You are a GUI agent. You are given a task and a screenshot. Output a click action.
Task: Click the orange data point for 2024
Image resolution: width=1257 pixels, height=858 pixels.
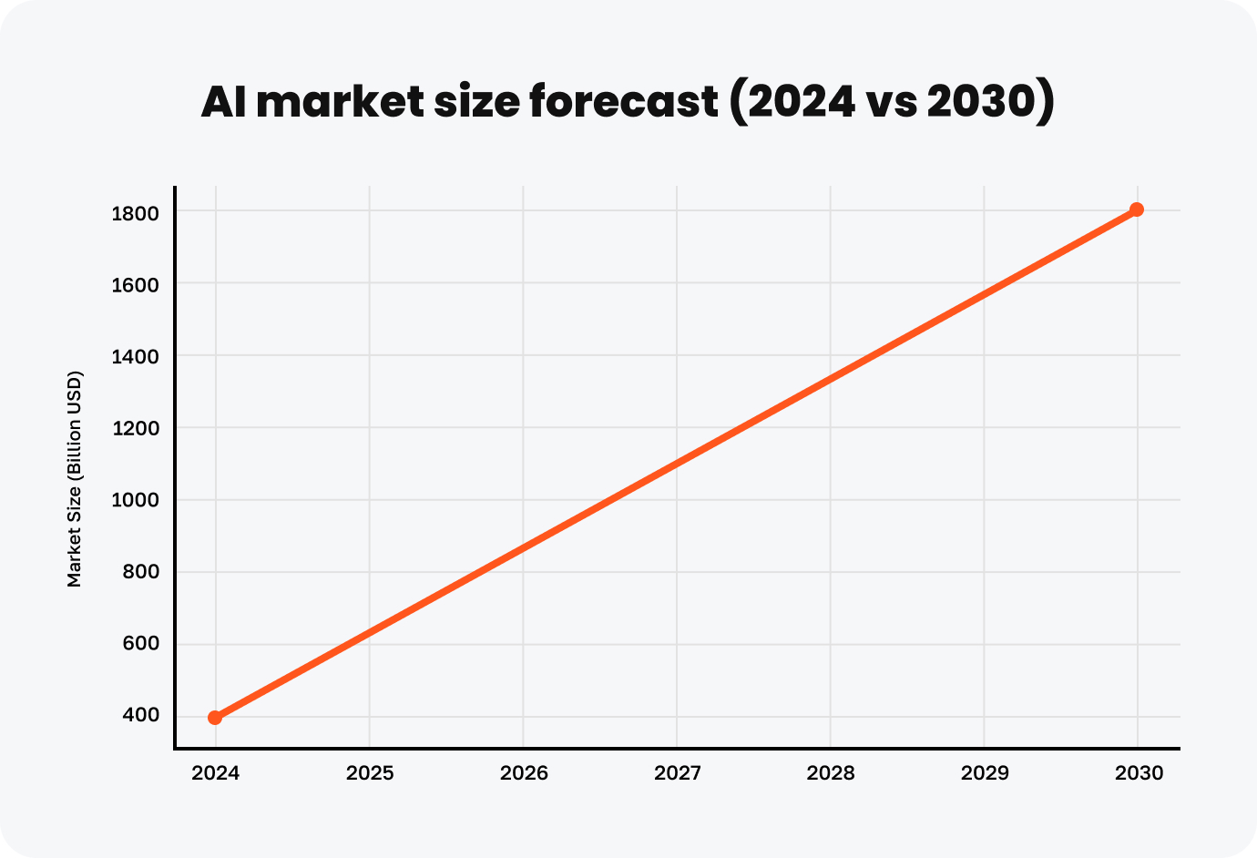215,718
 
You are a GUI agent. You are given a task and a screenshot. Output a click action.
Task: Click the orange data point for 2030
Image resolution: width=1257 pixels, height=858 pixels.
1137,209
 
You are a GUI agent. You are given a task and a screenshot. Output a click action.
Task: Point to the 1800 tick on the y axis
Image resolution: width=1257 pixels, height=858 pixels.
136,213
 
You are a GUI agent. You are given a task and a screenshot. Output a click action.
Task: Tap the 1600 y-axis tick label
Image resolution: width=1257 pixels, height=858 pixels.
136,285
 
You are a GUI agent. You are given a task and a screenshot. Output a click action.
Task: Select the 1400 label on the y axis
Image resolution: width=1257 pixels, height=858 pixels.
136,357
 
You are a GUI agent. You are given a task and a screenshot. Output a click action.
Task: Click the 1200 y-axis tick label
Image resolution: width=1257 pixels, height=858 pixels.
136,428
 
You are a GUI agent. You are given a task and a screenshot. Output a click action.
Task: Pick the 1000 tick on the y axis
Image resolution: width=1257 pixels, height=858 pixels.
136,500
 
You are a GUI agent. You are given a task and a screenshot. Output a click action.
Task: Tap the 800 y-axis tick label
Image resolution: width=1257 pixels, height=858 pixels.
140,572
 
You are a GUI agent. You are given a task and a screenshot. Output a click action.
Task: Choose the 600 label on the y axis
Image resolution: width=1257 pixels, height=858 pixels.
140,643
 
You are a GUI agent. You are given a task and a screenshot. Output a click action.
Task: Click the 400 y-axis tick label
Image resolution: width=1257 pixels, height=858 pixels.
140,716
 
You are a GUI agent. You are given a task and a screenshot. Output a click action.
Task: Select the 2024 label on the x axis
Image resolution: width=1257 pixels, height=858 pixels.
216,773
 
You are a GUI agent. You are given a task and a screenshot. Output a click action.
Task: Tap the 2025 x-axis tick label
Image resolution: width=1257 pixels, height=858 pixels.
370,773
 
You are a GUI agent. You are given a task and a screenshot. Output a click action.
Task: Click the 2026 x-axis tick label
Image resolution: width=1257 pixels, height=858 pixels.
524,773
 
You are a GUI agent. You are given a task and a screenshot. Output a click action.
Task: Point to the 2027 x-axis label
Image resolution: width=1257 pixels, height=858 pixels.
678,773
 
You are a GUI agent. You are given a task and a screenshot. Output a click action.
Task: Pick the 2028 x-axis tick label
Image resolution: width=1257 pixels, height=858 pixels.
831,773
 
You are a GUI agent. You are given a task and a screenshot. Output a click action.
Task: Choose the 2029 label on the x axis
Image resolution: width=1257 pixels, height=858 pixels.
985,773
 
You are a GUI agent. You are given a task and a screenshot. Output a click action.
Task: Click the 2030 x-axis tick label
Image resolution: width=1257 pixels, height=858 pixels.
1139,773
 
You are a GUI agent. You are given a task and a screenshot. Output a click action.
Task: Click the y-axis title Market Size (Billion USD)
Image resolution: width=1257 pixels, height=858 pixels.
75,478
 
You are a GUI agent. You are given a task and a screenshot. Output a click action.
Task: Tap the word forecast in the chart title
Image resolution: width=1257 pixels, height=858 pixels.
624,101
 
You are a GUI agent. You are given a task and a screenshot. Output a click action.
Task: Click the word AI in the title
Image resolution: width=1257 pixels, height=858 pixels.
223,101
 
